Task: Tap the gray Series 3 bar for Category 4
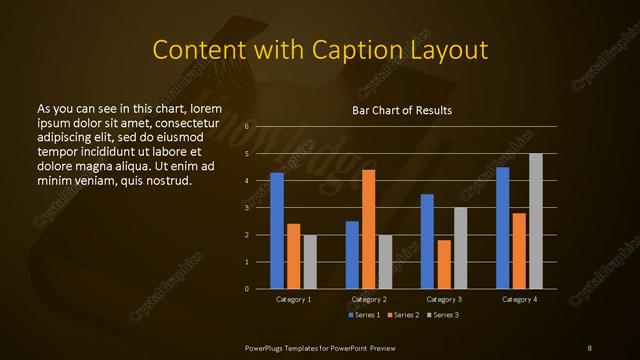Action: pos(536,221)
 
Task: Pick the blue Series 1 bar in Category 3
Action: pos(427,241)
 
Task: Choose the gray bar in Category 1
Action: pos(310,262)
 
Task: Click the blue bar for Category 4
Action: pos(503,228)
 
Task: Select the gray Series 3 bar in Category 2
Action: pos(385,262)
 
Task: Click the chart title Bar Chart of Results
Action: pos(402,110)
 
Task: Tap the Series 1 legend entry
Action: pos(364,315)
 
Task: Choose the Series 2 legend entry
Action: pos(402,315)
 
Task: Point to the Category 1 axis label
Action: pos(293,299)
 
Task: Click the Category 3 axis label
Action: pos(444,299)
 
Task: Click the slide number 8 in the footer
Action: pos(590,346)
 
